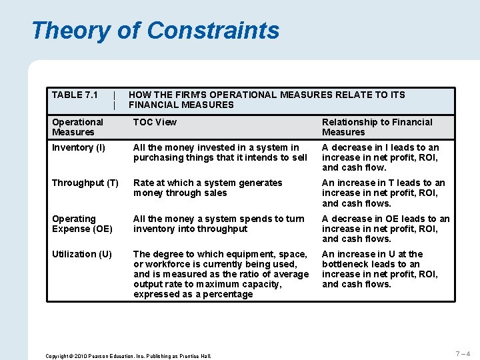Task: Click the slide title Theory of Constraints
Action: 155,31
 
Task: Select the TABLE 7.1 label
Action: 75,95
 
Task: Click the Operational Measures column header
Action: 77,127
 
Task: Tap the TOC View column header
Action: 155,122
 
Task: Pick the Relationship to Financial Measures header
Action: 377,127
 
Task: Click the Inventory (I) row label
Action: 78,147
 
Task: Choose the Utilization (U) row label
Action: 82,254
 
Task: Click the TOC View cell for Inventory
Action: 220,152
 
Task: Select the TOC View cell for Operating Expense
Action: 218,223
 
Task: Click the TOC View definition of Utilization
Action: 221,274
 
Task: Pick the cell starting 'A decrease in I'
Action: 380,157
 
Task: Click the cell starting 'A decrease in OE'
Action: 385,229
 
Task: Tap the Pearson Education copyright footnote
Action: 127,356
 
